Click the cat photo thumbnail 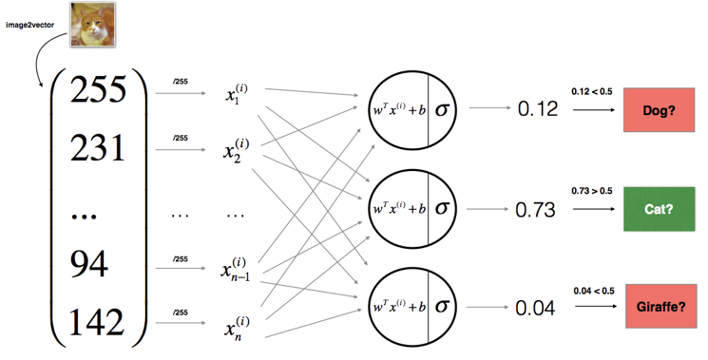pyautogui.click(x=93, y=26)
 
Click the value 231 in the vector pyautogui.click(x=97, y=148)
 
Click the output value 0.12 pyautogui.click(x=536, y=110)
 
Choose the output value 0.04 pyautogui.click(x=536, y=307)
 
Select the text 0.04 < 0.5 pyautogui.click(x=595, y=290)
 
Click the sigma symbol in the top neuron pyautogui.click(x=443, y=108)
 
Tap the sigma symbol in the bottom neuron pyautogui.click(x=443, y=306)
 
